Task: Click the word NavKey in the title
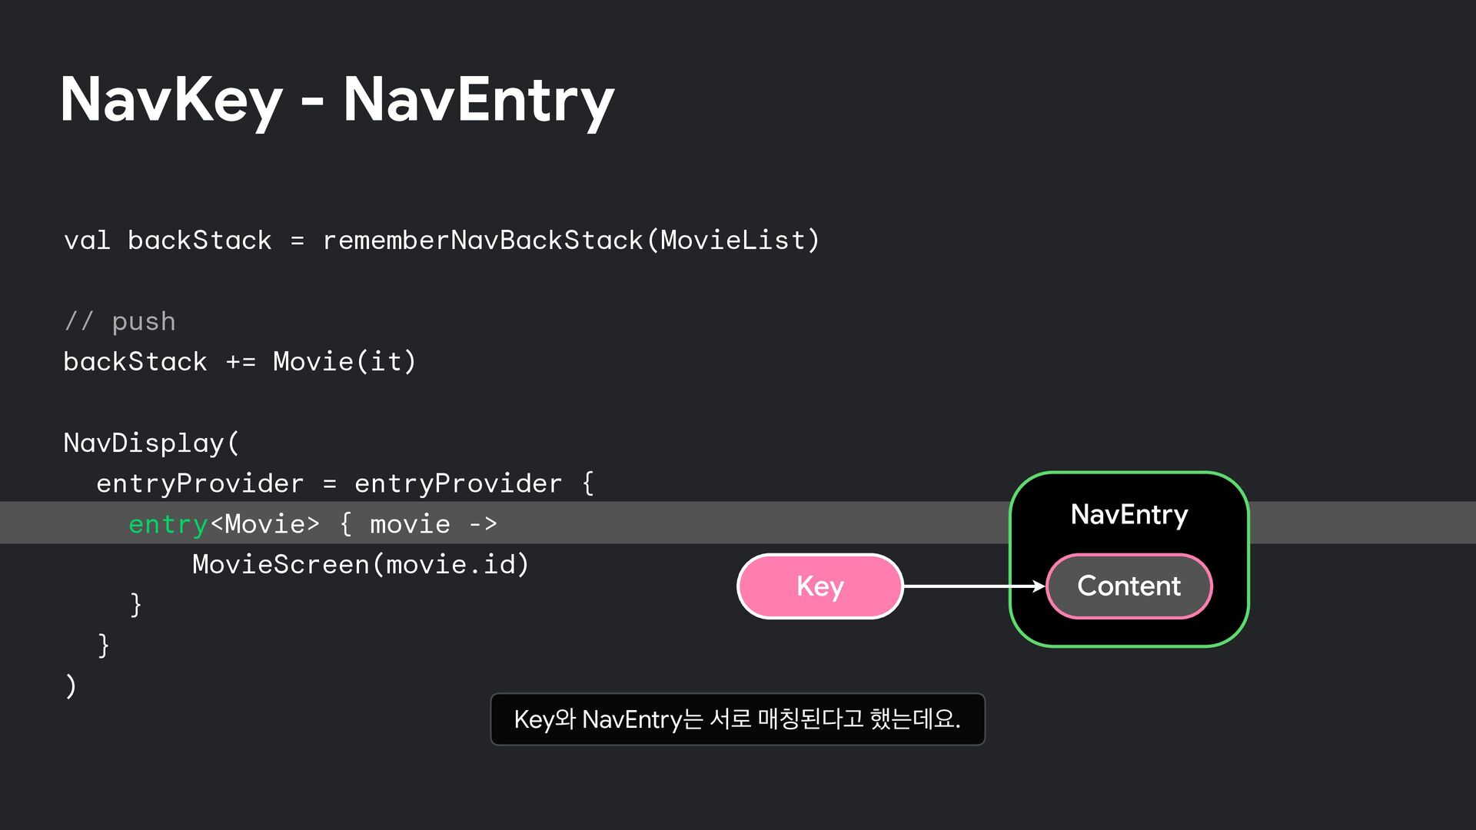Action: tap(171, 100)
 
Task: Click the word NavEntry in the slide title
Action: tap(477, 100)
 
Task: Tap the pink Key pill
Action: tap(819, 586)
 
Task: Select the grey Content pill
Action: tap(1129, 586)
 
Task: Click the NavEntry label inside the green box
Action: tap(1129, 514)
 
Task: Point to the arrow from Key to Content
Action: tap(973, 586)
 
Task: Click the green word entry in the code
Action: tap(168, 524)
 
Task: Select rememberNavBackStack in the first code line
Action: tap(483, 241)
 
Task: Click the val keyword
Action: tap(87, 241)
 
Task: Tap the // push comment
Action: tap(120, 321)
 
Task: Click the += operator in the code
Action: tap(241, 362)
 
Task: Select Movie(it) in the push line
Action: tap(344, 362)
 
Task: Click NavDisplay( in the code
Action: tap(151, 443)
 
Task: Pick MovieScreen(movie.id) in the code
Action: tap(361, 565)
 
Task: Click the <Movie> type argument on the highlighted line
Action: tap(264, 524)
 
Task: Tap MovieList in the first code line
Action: tap(733, 241)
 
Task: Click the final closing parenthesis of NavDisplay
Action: tap(71, 686)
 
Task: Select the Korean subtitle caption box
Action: tap(737, 719)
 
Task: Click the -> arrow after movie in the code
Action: tap(483, 524)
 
